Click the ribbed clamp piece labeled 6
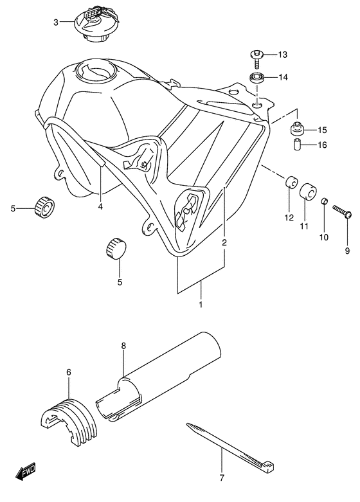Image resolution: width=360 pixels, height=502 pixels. [x=69, y=420]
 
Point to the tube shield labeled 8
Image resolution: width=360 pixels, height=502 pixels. [x=161, y=385]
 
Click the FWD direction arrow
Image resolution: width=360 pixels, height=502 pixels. [x=26, y=474]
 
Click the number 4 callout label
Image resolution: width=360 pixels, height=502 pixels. [x=100, y=206]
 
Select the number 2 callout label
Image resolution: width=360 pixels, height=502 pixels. [x=224, y=243]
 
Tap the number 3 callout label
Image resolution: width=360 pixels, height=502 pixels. [x=56, y=22]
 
